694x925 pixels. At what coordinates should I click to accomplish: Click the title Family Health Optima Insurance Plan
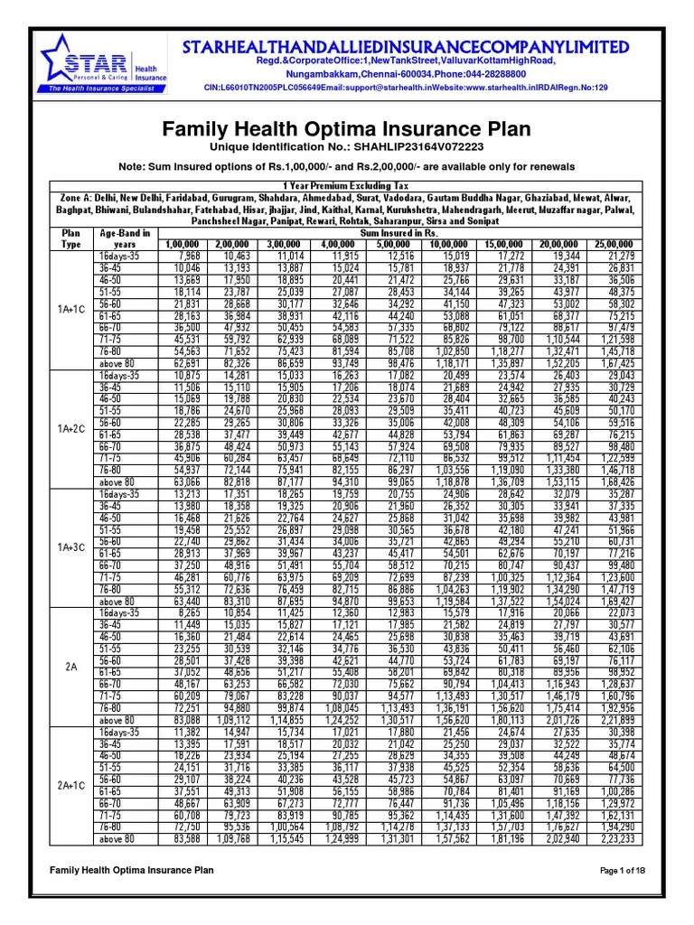[x=346, y=129]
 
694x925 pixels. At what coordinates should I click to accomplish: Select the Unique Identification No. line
[x=346, y=146]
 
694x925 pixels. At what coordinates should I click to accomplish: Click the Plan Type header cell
[x=70, y=238]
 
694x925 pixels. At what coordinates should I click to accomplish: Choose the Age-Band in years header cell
[x=125, y=238]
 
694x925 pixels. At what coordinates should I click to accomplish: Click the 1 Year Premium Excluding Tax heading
[x=346, y=184]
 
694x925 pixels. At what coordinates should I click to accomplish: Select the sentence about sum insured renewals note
[x=346, y=167]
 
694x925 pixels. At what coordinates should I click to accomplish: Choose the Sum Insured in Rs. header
[x=397, y=232]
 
